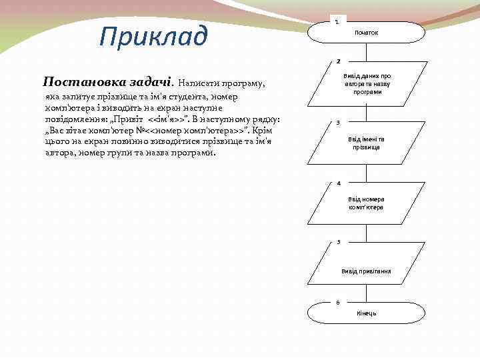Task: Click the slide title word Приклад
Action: pyautogui.click(x=153, y=36)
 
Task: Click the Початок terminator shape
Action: pyautogui.click(x=365, y=33)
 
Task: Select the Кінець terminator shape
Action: pyautogui.click(x=365, y=313)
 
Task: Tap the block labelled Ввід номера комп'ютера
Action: pyautogui.click(x=365, y=203)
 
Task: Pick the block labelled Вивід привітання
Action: pyautogui.click(x=365, y=271)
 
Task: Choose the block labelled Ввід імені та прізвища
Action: pyautogui.click(x=365, y=143)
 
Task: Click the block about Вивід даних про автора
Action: pyautogui.click(x=365, y=84)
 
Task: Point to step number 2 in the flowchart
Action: pyautogui.click(x=338, y=61)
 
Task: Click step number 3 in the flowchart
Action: pyautogui.click(x=338, y=123)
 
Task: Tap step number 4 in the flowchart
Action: pyautogui.click(x=338, y=183)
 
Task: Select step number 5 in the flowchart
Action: pyautogui.click(x=338, y=241)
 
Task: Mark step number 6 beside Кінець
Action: pyautogui.click(x=337, y=302)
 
